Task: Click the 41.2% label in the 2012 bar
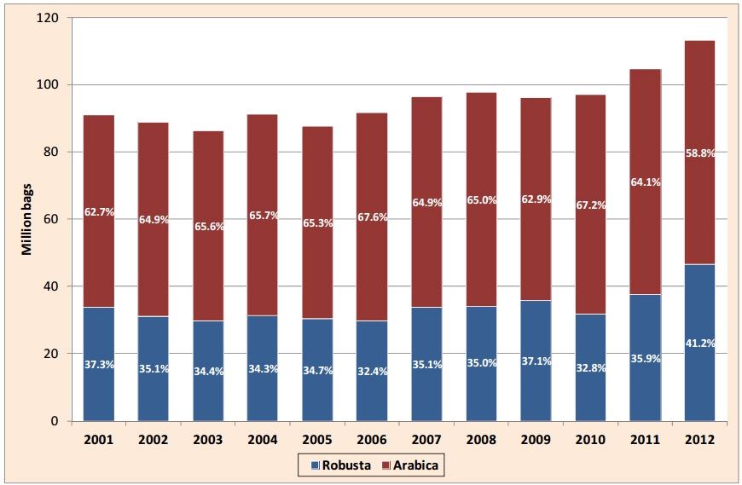pos(700,344)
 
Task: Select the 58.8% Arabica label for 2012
pos(700,153)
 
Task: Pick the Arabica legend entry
pos(414,465)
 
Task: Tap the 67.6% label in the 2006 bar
pos(373,217)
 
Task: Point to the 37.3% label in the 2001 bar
pos(98,365)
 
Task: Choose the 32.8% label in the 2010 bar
pos(591,370)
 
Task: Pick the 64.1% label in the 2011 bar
pos(646,182)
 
